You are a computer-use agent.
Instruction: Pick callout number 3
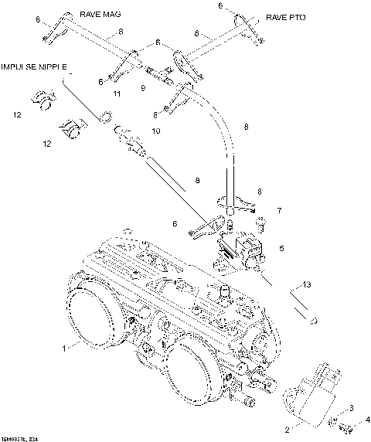click(352, 407)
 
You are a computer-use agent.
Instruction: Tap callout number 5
click(281, 248)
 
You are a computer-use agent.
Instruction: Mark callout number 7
click(280, 210)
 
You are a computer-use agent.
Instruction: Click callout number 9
click(142, 87)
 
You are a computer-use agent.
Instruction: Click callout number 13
click(308, 285)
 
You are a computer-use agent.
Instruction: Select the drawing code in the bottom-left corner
click(21, 437)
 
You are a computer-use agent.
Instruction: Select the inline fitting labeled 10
click(130, 141)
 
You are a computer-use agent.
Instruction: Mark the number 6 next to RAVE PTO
click(220, 5)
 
